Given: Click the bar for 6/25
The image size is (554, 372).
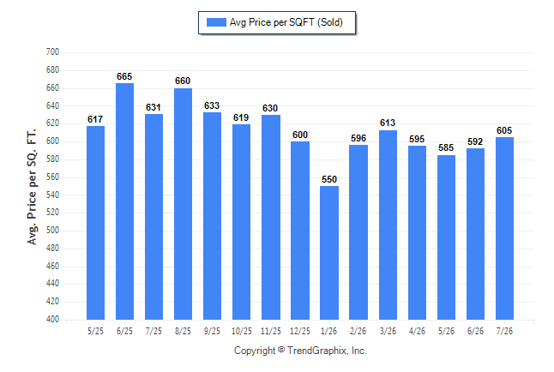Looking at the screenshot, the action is (124, 201).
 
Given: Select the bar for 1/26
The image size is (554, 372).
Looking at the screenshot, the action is (329, 253).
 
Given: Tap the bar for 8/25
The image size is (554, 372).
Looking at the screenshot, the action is (183, 204).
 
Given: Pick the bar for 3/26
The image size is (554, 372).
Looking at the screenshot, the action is (388, 225).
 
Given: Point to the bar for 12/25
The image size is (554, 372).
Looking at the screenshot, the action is (300, 231).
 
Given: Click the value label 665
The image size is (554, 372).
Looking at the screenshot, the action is (124, 76).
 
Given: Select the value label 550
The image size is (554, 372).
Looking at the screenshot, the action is (329, 179).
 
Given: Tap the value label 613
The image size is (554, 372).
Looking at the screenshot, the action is (388, 123).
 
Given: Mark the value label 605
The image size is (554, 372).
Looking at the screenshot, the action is (504, 130).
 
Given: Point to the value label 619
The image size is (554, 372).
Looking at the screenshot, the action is (241, 117).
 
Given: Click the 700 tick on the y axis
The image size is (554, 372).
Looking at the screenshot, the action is (52, 52).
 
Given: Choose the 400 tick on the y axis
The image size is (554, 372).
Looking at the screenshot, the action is (52, 320).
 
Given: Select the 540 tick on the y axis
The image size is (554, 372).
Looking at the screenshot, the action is (52, 195).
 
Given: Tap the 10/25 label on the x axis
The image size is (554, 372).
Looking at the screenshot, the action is (242, 331).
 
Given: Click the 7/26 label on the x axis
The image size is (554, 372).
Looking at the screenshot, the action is (504, 331).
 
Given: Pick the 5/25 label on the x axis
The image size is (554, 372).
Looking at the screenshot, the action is (95, 331).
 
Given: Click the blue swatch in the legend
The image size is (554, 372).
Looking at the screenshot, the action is (216, 22).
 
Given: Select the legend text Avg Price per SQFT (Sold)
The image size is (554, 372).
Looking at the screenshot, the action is (286, 22).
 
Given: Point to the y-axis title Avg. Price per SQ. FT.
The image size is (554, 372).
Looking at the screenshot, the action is (32, 187).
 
